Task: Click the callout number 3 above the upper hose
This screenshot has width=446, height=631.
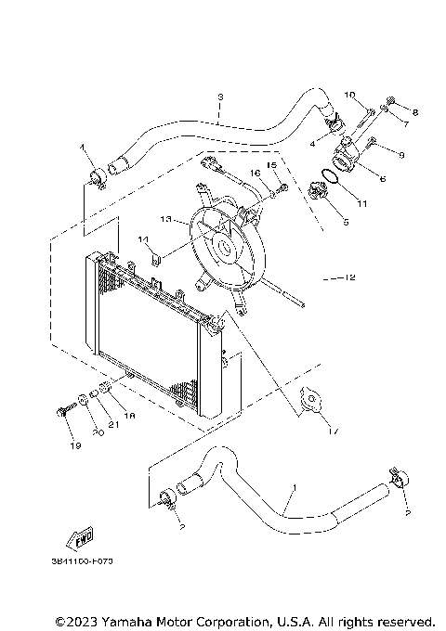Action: tap(220, 97)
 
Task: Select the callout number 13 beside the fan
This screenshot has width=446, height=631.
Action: tap(164, 220)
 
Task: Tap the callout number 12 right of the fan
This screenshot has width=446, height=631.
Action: tap(350, 277)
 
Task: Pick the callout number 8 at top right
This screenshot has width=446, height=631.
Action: tap(414, 112)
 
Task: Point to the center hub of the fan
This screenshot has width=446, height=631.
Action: tap(225, 248)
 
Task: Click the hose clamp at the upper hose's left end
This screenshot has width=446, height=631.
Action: tap(97, 175)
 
